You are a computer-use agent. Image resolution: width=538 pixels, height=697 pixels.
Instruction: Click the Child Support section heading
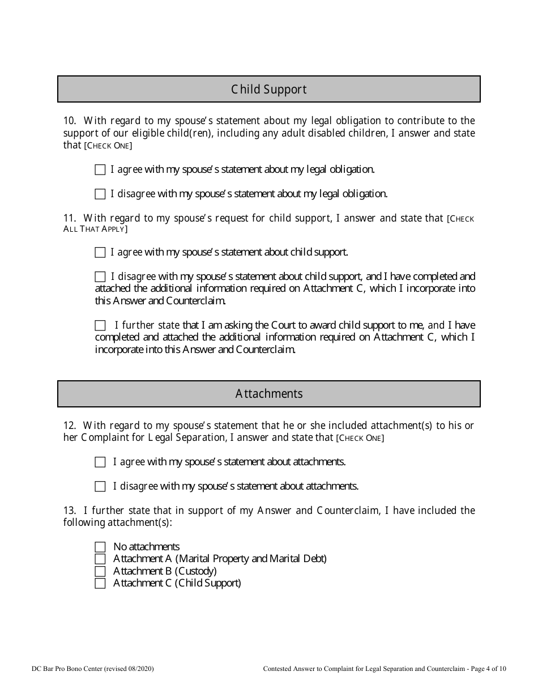tap(268, 90)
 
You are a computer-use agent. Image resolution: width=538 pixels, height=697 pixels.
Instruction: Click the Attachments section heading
tap(268, 394)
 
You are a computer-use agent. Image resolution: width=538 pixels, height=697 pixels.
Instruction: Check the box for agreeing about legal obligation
tap(100, 169)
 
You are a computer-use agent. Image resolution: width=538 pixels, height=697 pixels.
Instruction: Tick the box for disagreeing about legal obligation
tap(100, 194)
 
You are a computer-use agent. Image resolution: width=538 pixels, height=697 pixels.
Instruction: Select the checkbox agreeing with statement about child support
tap(100, 252)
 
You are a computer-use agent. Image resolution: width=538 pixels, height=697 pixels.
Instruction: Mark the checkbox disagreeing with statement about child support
tap(100, 277)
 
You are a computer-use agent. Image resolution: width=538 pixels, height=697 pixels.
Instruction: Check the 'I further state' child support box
tap(100, 325)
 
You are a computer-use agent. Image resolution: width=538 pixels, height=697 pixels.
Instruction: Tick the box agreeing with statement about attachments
tap(100, 462)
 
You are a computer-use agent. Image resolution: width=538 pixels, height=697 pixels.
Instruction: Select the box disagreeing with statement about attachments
tap(100, 486)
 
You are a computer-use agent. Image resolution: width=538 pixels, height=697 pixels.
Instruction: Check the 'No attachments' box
tap(100, 547)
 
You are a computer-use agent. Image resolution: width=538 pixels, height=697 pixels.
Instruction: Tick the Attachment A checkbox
tap(100, 559)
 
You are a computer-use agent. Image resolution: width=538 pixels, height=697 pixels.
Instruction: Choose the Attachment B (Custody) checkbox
tap(100, 571)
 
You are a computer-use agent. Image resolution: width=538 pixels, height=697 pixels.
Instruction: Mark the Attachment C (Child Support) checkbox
tap(100, 583)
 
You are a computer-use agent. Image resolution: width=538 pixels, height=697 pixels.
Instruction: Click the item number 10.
tap(70, 121)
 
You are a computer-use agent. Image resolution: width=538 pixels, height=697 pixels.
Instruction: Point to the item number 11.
tap(70, 218)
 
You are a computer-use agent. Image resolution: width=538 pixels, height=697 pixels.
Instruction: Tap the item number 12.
tap(70, 426)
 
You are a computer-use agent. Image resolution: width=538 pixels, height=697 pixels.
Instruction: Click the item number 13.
tap(70, 511)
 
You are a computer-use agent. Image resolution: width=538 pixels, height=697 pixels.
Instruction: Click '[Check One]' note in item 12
tap(360, 438)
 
